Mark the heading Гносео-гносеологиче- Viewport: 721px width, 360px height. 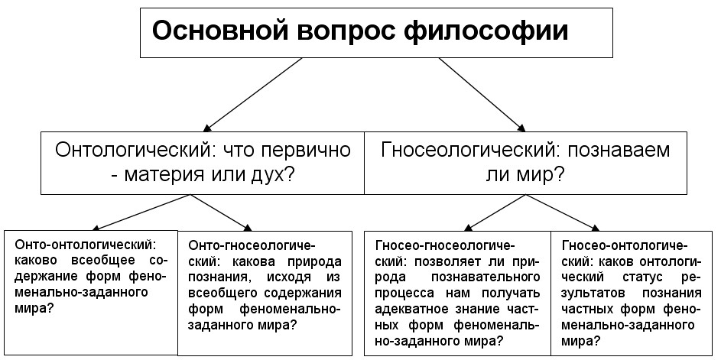pyautogui.click(x=445, y=245)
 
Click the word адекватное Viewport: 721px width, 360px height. pyautogui.click(x=414, y=310)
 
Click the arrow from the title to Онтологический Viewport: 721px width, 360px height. pyautogui.click(x=252, y=94)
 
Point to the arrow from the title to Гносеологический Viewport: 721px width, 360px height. pyautogui.click(x=482, y=94)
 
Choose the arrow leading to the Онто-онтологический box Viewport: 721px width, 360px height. pyautogui.click(x=141, y=212)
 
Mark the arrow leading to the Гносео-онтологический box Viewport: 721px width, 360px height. pyautogui.click(x=563, y=212)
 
